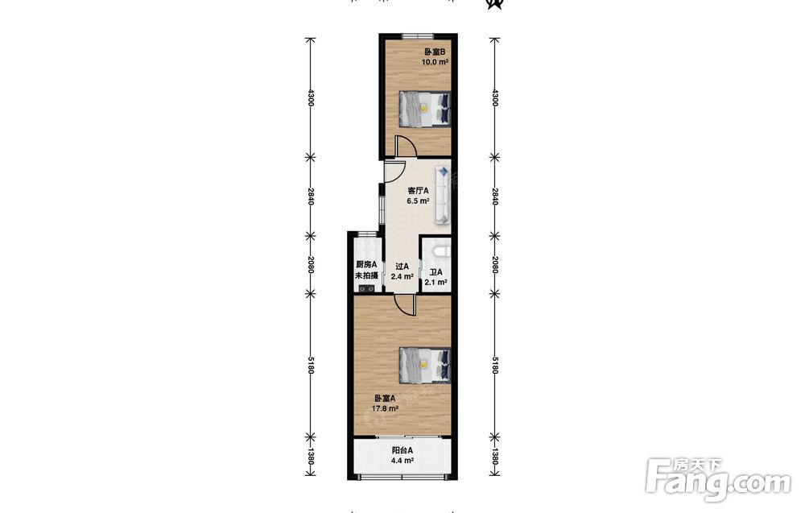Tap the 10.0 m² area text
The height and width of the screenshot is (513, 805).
tap(435, 62)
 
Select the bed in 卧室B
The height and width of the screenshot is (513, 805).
tap(425, 108)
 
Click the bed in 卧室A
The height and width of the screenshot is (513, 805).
tap(425, 365)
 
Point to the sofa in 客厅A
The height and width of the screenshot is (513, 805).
tap(443, 195)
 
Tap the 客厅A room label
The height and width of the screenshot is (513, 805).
tap(418, 191)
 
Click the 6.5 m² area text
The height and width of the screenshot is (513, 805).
tap(418, 201)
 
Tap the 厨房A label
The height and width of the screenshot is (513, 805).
tap(366, 265)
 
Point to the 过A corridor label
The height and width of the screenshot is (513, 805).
tap(402, 267)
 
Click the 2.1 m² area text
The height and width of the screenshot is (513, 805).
tap(436, 282)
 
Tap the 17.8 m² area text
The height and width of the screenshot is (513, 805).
tap(385, 409)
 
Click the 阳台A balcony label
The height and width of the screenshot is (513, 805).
tap(402, 450)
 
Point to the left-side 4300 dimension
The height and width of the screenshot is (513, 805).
tap(311, 97)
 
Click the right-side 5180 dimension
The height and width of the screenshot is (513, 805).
tap(495, 365)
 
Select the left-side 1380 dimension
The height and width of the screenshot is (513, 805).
tap(311, 457)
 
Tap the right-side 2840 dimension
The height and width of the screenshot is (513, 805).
tap(495, 197)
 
